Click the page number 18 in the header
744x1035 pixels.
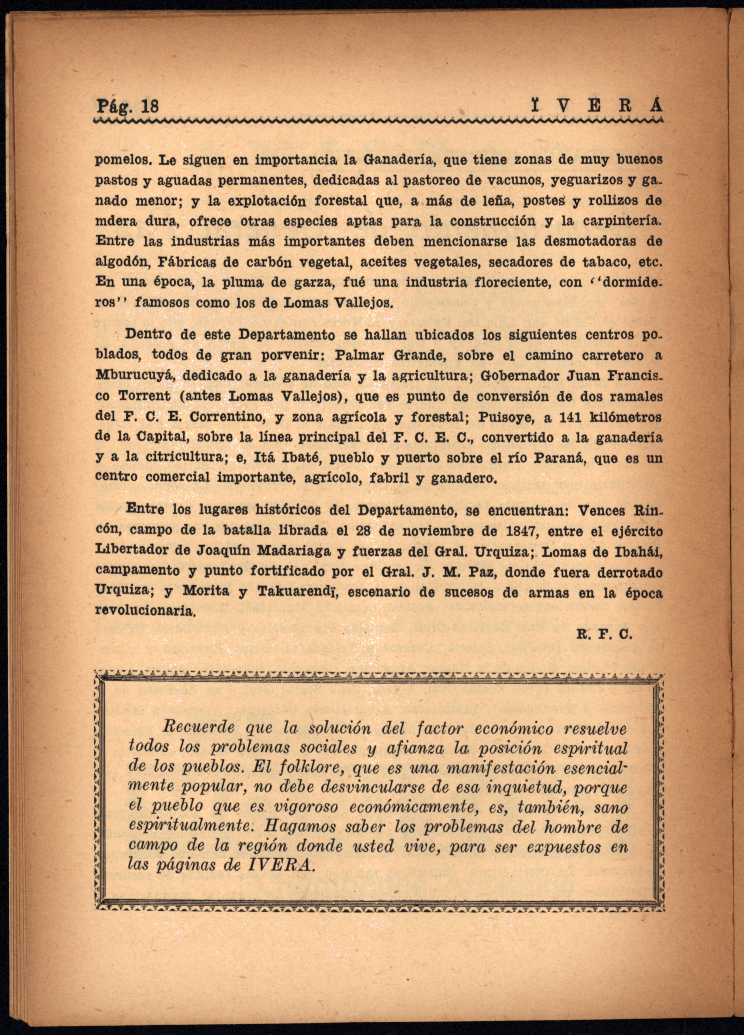point(150,107)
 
